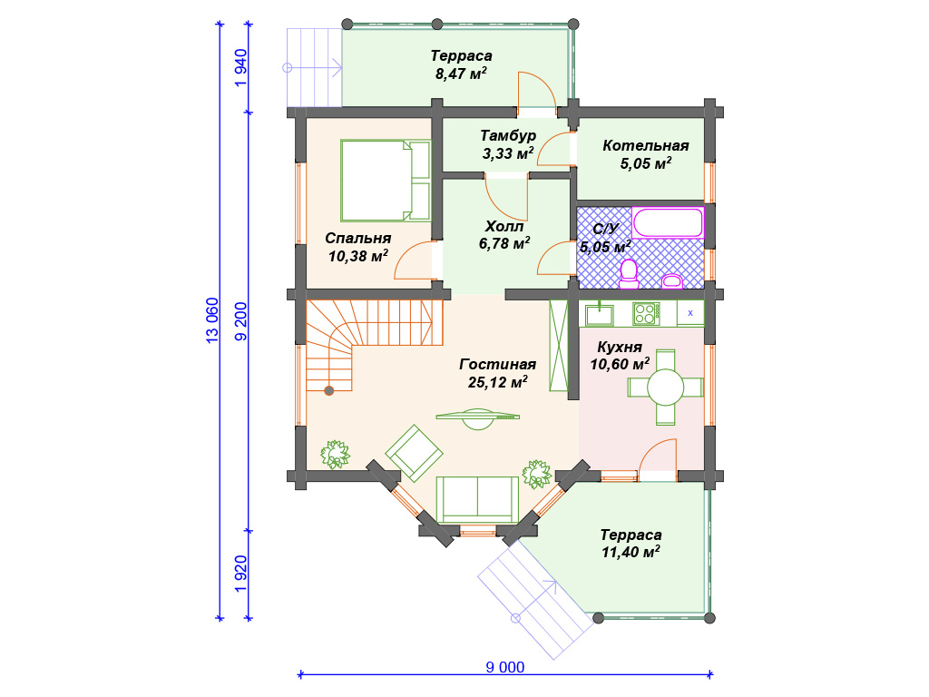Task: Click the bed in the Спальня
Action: click(386, 181)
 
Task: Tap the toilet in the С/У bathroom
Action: click(629, 273)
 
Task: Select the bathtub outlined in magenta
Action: click(668, 222)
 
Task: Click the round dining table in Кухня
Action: click(665, 388)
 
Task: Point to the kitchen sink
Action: click(600, 313)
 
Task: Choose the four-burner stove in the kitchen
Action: click(646, 313)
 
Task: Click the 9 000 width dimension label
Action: click(504, 667)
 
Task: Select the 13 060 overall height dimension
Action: click(212, 320)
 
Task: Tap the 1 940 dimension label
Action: click(240, 68)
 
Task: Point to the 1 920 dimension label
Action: click(240, 574)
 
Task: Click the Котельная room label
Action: click(646, 146)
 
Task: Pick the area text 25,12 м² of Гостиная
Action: click(498, 382)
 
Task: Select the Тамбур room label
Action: click(508, 136)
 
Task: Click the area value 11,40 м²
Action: click(631, 553)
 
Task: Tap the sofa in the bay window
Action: click(477, 499)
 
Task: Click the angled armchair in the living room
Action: click(414, 453)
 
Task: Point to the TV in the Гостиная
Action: click(477, 417)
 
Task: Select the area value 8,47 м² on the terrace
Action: click(461, 74)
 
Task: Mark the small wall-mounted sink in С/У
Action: click(672, 281)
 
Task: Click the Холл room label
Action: click(504, 226)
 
